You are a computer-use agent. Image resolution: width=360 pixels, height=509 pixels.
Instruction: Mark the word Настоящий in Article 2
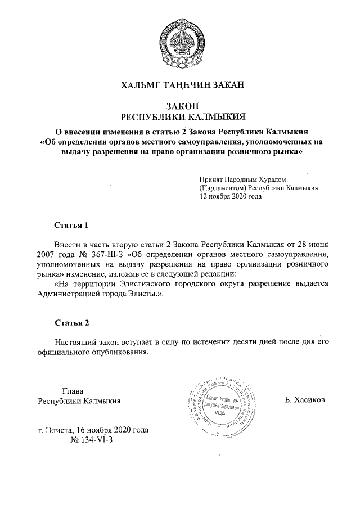76,342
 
